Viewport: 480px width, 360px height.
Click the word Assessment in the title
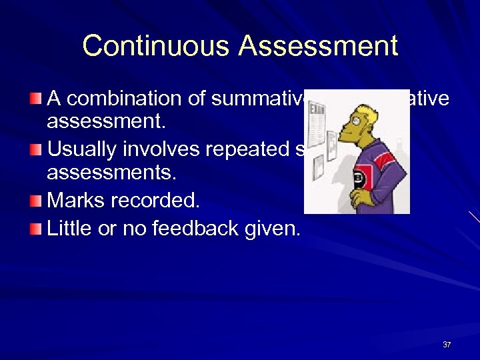[x=318, y=46]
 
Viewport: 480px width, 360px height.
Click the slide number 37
[x=447, y=345]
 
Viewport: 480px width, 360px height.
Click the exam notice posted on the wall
[x=316, y=127]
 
